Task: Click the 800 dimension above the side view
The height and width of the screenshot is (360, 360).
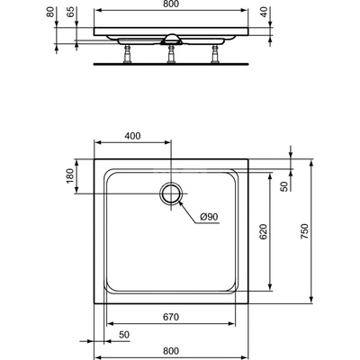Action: pos(171,4)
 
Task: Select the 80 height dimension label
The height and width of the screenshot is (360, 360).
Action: pos(50,12)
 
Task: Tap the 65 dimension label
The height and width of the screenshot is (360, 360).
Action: pos(70,12)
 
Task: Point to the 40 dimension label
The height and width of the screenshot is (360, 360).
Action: pos(264,12)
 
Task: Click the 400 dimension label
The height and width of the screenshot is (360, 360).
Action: pos(132,136)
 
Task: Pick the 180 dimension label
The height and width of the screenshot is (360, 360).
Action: pos(69,176)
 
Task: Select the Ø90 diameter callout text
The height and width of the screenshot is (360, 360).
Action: pos(209,217)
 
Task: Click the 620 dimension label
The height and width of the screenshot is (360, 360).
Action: pos(263,231)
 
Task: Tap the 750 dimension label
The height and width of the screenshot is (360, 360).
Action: pos(304,231)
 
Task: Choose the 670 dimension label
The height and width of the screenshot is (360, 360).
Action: pos(171,317)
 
